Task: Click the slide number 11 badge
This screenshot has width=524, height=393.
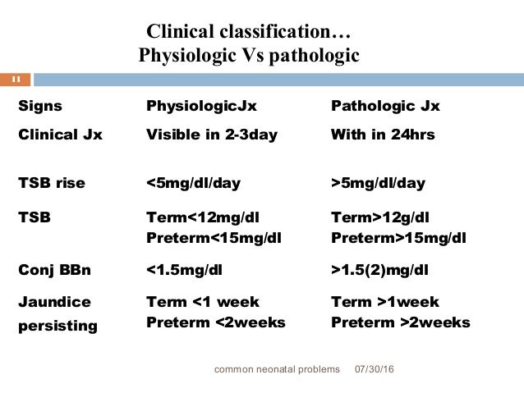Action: pyautogui.click(x=16, y=80)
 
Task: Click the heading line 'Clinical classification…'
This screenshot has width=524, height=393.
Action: pyautogui.click(x=249, y=33)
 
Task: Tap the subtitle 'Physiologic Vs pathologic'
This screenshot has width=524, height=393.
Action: pyautogui.click(x=249, y=56)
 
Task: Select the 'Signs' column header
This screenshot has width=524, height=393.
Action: pyautogui.click(x=40, y=107)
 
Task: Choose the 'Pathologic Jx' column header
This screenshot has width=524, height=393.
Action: pyautogui.click(x=385, y=107)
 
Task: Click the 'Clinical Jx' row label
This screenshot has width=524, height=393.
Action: pyautogui.click(x=60, y=135)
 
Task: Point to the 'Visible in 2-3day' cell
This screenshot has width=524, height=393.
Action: pyautogui.click(x=212, y=135)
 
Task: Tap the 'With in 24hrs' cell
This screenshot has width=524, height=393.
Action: pyautogui.click(x=383, y=135)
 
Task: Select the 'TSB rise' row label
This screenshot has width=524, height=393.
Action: pyautogui.click(x=52, y=183)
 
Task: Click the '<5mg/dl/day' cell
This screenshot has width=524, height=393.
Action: pyautogui.click(x=193, y=183)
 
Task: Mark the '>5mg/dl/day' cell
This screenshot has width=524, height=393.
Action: pyautogui.click(x=378, y=183)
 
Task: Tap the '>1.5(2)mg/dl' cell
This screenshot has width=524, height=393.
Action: pyautogui.click(x=380, y=270)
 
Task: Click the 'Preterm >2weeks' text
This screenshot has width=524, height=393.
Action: pyautogui.click(x=401, y=322)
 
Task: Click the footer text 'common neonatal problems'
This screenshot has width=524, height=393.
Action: pyautogui.click(x=277, y=370)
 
